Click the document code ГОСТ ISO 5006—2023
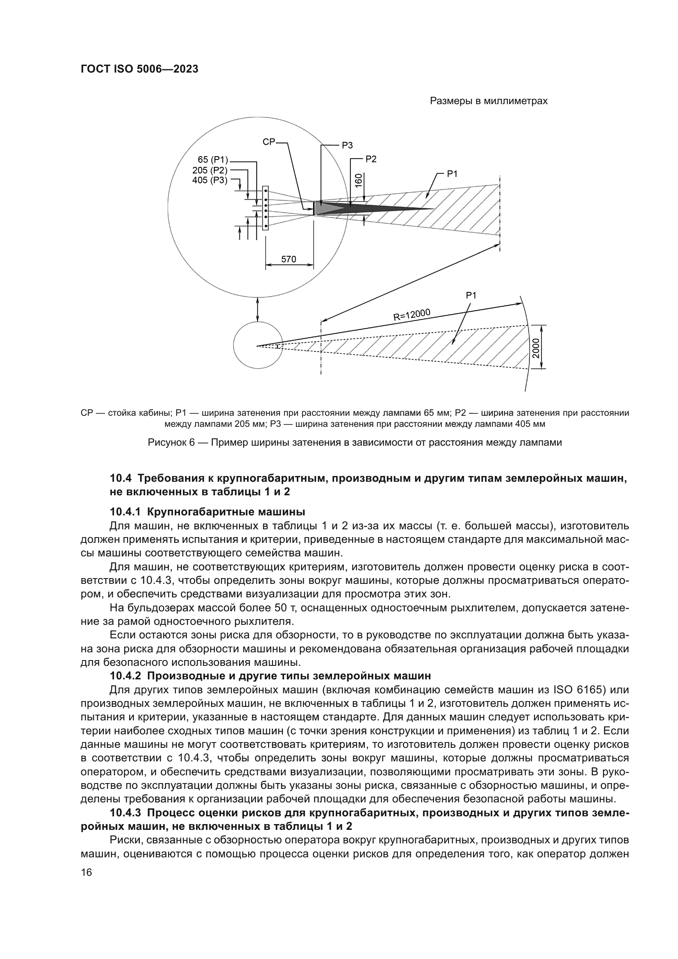139,69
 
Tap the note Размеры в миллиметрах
489,101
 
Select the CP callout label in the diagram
269,142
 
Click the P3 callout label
347,146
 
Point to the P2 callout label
371,159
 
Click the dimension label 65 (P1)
212,159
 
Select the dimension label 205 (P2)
209,170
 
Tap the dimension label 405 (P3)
209,180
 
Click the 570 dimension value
289,259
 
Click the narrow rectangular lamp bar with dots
266,208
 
